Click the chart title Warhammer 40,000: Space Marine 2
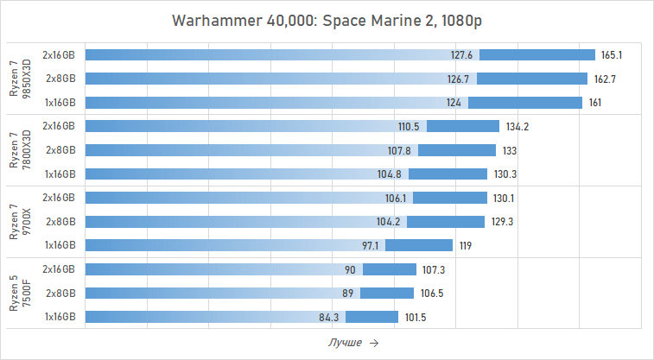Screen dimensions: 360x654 pyautogui.click(x=327, y=20)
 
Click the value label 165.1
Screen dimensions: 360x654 pyautogui.click(x=612, y=54)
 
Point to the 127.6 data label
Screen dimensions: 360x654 pyautogui.click(x=462, y=54)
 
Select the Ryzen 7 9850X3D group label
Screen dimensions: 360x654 pyautogui.click(x=19, y=79)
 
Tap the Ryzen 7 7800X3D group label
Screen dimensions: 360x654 pyautogui.click(x=19, y=149)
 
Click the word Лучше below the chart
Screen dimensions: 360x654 pyautogui.click(x=346, y=343)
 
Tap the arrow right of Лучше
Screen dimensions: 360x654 pyautogui.click(x=373, y=343)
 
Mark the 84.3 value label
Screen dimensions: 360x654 pyautogui.click(x=329, y=317)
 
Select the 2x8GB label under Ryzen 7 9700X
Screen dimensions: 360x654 pyautogui.click(x=60, y=221)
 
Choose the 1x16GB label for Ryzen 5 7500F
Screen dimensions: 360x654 pyautogui.click(x=60, y=317)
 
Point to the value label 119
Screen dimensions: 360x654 pyautogui.click(x=465, y=245)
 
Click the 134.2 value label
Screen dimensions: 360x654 pyautogui.click(x=517, y=126)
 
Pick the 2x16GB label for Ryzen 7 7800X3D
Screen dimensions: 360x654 pyautogui.click(x=60, y=126)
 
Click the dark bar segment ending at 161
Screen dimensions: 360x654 pyautogui.click(x=524, y=103)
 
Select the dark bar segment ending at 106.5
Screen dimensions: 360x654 pyautogui.click(x=387, y=293)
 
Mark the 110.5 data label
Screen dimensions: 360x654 pyautogui.click(x=409, y=126)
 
